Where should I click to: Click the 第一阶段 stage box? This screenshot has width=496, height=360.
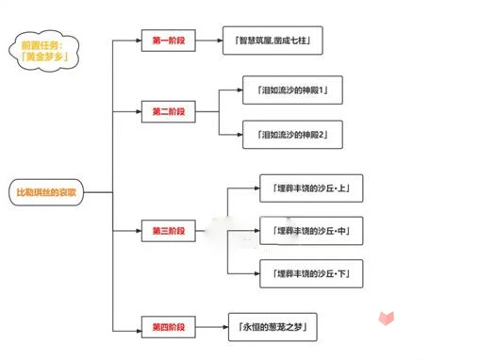coord(169,41)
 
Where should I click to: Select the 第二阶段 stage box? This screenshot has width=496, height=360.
coord(169,111)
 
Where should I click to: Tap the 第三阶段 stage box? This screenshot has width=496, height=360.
coord(169,229)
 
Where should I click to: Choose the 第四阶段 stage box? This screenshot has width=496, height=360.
coord(169,327)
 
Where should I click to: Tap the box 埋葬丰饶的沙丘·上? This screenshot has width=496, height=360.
coord(309,188)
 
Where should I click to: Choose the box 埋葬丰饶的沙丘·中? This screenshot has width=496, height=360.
coord(309,229)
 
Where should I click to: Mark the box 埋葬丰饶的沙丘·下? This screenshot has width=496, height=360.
coord(309,272)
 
